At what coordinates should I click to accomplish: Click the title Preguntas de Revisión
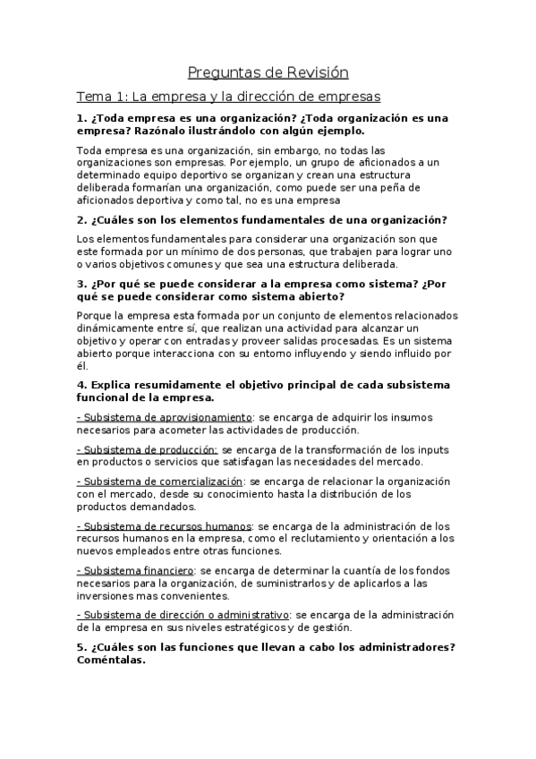click(268, 72)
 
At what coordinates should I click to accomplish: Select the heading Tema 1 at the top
click(229, 96)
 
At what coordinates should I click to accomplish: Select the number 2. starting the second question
click(81, 219)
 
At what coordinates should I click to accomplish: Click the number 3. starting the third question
click(81, 284)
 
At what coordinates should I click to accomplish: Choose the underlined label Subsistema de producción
click(147, 449)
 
